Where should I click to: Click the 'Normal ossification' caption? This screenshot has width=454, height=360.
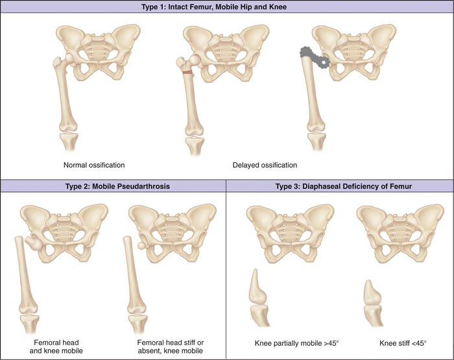(x=94, y=165)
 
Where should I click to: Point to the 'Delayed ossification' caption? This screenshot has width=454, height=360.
(x=265, y=165)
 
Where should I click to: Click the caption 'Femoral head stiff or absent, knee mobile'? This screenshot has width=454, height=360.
(x=171, y=346)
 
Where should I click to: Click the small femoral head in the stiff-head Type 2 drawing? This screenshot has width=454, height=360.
(x=142, y=246)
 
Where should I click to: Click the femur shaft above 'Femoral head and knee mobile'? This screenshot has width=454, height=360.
(x=24, y=272)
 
